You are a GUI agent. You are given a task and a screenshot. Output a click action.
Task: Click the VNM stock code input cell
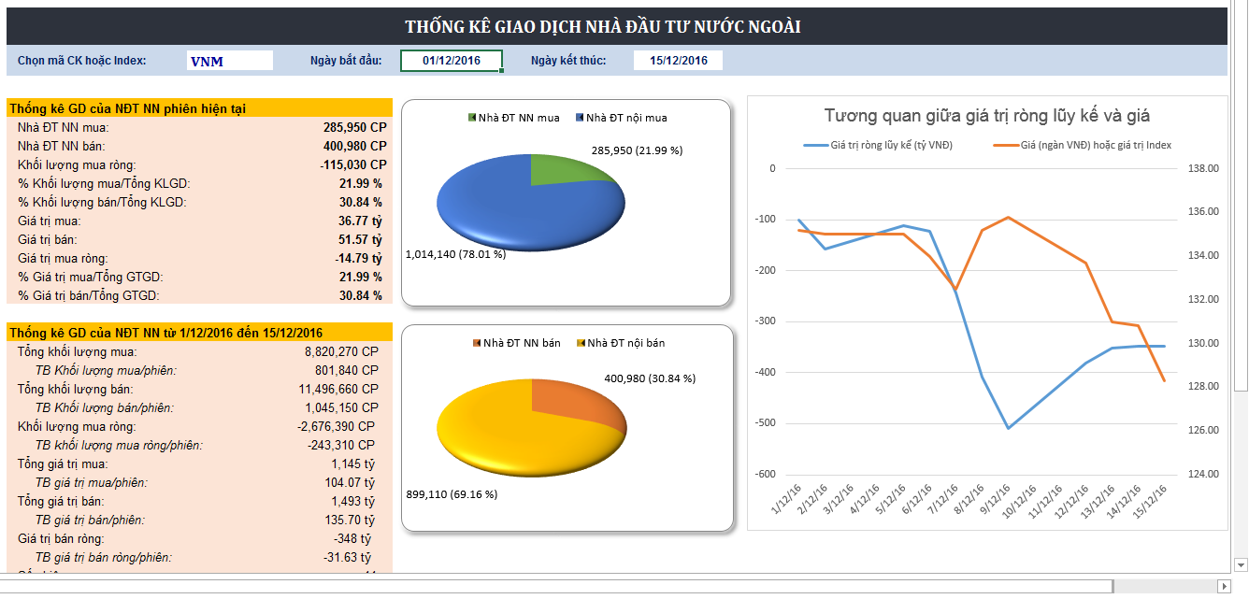pos(229,61)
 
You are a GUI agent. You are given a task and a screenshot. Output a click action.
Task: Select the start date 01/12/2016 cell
pos(452,61)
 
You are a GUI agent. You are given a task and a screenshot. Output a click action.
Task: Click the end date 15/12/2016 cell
pos(678,61)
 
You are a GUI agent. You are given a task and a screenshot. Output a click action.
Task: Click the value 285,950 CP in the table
pos(354,127)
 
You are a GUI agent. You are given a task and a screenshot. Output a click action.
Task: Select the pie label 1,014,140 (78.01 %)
pos(455,253)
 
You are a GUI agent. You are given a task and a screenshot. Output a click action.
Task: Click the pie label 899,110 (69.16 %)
pos(452,493)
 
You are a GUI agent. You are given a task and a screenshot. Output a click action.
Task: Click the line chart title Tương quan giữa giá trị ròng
pos(986,116)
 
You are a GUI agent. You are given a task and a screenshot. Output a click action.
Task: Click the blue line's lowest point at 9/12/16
pos(1008,428)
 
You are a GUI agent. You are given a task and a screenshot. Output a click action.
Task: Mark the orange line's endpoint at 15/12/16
pos(1164,380)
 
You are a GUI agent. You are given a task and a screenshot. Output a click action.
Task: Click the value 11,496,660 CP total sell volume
pos(338,389)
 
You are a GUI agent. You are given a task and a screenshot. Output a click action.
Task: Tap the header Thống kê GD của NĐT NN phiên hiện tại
pos(128,108)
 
